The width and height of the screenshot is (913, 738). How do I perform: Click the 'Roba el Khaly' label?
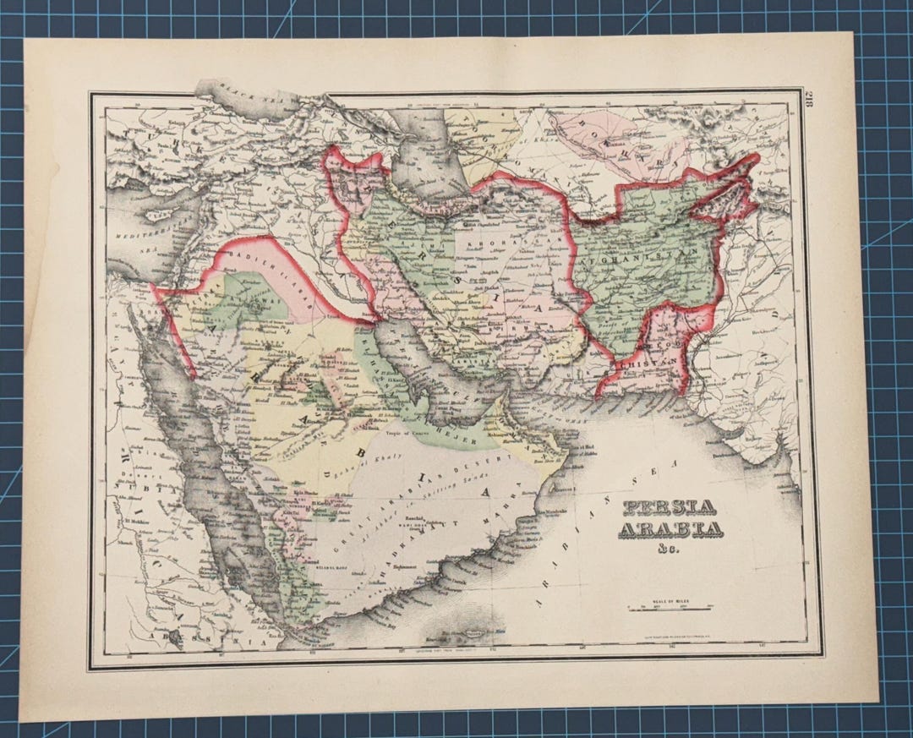(380, 469)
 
